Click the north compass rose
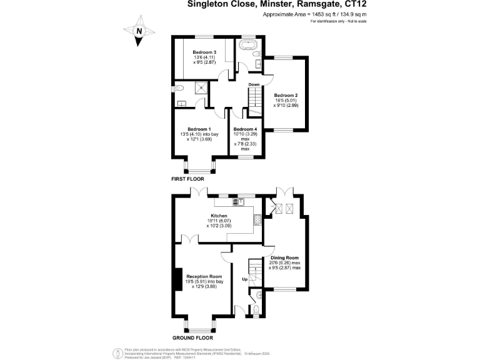[139, 31]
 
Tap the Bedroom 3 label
[204, 52]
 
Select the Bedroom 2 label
[286, 96]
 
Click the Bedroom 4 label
[245, 129]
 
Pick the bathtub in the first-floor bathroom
[248, 47]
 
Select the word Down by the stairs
[254, 84]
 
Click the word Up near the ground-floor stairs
[245, 279]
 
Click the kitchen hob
[257, 219]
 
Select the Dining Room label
[284, 257]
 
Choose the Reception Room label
[204, 276]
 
